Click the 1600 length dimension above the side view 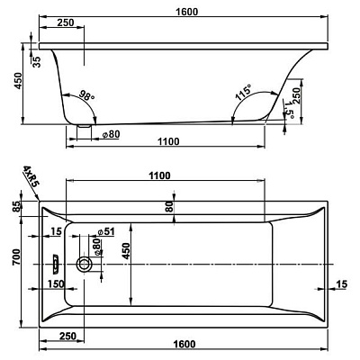[187, 12]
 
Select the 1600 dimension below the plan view [184, 344]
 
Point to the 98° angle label [86, 95]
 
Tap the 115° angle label [244, 93]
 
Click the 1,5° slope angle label [289, 109]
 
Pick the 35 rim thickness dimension [36, 61]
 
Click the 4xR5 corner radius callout [31, 176]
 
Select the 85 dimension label [17, 206]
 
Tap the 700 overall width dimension [16, 257]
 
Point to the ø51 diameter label [106, 231]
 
